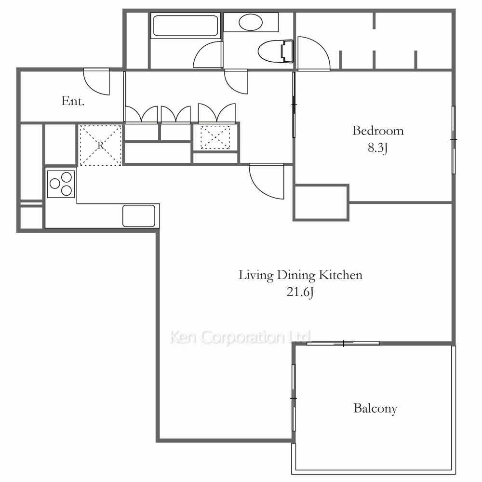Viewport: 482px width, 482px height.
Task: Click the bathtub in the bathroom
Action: pyautogui.click(x=186, y=26)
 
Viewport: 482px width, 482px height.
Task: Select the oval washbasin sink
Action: pyautogui.click(x=251, y=22)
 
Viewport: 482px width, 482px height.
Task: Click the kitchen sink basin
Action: pyautogui.click(x=139, y=216)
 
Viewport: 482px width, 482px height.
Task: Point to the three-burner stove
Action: pyautogui.click(x=61, y=184)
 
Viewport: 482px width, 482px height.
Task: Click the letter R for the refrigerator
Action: pyautogui.click(x=101, y=145)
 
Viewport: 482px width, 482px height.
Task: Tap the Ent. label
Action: pyautogui.click(x=73, y=101)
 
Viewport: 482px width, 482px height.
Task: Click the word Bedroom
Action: pyautogui.click(x=378, y=131)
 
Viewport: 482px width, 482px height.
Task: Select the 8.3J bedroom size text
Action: pyautogui.click(x=378, y=148)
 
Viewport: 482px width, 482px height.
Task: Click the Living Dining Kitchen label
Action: pyautogui.click(x=300, y=275)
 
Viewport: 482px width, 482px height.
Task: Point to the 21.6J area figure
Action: pyautogui.click(x=300, y=292)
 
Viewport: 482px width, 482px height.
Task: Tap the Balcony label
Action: pyautogui.click(x=375, y=409)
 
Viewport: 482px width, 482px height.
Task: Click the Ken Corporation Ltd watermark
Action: pyautogui.click(x=240, y=337)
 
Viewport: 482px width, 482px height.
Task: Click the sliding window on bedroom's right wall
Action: pyautogui.click(x=454, y=140)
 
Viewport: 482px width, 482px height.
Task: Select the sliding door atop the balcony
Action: pyautogui.click(x=343, y=343)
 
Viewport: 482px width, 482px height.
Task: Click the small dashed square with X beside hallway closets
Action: pyautogui.click(x=215, y=137)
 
